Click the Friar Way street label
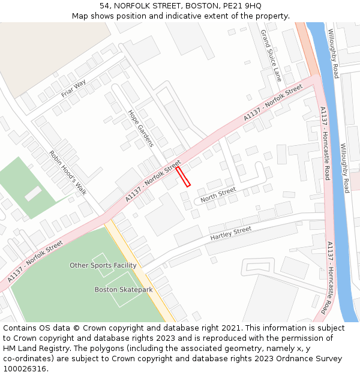pos(73,88)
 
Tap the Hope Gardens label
pos(141,128)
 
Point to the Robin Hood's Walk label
pos(68,172)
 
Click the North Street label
pos(218,194)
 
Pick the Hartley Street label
pos(231,233)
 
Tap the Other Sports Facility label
pos(103,265)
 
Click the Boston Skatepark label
pos(124,290)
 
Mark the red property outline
pos(183,176)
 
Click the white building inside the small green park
pos(33,193)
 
